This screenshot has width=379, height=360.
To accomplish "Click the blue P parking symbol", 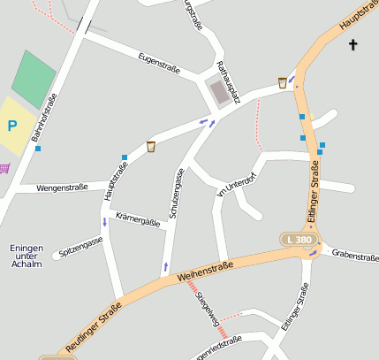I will point(12,126).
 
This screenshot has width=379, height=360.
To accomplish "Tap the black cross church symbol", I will point(353,44).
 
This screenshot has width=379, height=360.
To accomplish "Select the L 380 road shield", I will point(298,240).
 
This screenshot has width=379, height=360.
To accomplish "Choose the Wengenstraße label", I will point(63,188).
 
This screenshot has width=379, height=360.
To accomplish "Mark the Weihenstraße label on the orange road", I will point(205,269).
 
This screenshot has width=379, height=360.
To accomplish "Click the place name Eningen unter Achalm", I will point(26,256).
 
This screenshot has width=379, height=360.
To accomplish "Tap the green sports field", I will point(34,79).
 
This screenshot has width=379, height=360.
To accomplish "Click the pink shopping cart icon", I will point(4,167).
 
